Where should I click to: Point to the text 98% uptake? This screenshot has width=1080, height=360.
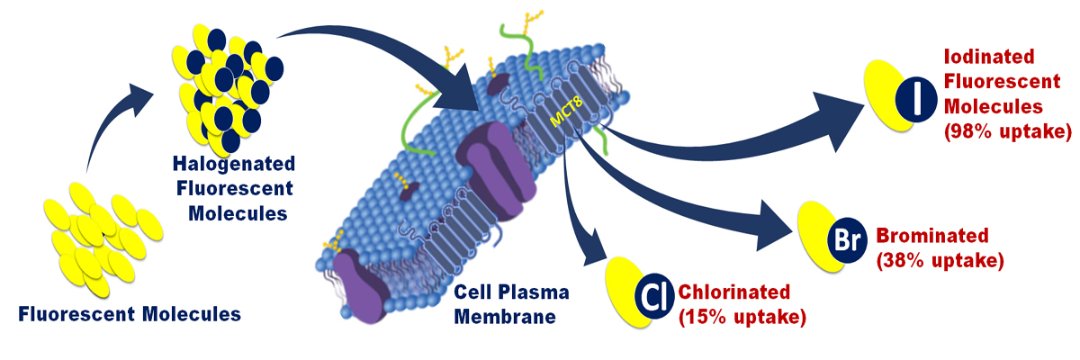point(1006,132)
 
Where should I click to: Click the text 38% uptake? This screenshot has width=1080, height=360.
point(939,261)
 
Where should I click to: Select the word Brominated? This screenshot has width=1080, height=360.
point(931,236)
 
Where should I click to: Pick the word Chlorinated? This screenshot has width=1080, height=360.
point(734,292)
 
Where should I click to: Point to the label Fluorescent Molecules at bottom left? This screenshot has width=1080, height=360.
point(130,314)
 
